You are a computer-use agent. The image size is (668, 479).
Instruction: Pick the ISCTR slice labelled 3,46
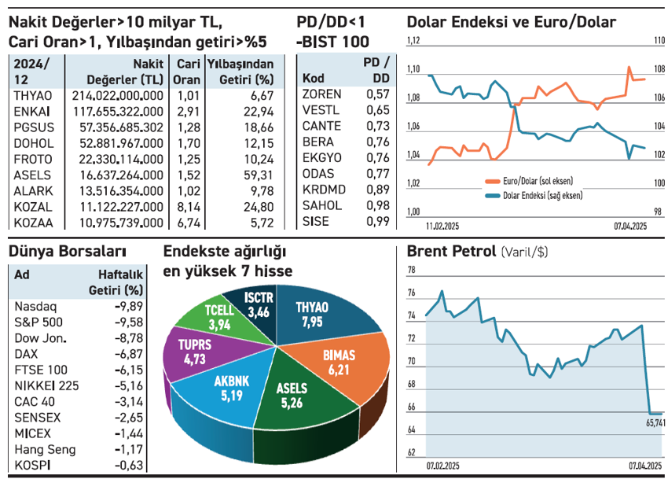pos(257,305)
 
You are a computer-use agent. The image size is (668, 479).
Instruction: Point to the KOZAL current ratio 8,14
pos(187,206)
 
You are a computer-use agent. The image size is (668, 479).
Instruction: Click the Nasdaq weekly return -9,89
pos(128,306)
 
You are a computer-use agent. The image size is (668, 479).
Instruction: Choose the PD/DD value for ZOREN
pos(378,94)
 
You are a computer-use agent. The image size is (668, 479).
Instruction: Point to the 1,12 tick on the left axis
pos(413,42)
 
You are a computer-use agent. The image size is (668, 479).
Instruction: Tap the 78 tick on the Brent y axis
pos(412,271)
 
